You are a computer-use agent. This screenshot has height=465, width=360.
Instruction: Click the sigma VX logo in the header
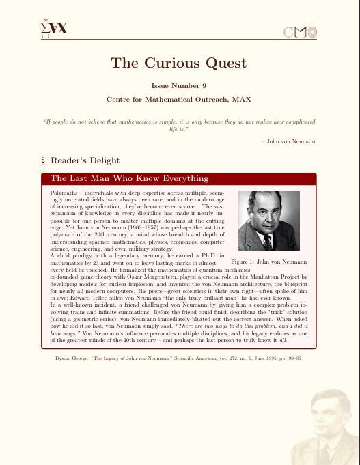53,29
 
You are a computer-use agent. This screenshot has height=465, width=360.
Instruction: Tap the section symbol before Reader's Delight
44,161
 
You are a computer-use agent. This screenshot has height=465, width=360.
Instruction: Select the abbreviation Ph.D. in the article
210,255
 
